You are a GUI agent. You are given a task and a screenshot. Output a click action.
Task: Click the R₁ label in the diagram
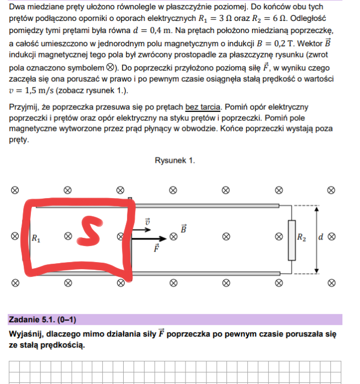[x=36, y=239]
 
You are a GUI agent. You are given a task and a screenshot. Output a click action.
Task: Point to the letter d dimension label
[x=321, y=238]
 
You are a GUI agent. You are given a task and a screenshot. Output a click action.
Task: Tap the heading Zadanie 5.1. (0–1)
[x=43, y=319]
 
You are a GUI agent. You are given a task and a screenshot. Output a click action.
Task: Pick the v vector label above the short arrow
[x=147, y=222]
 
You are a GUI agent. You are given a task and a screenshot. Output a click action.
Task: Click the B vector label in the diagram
[x=184, y=227]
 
